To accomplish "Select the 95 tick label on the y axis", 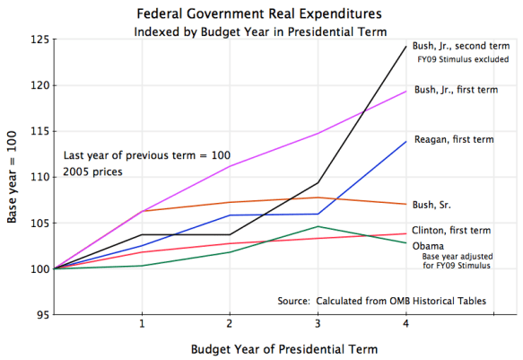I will [41, 314].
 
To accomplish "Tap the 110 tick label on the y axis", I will [39, 177].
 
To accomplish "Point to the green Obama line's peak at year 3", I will [318, 226].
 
